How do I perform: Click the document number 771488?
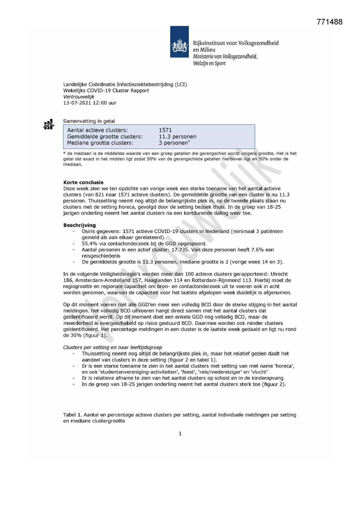pos(330,22)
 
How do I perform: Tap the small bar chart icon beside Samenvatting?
pos(49,124)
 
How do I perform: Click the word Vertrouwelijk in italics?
pos(79,97)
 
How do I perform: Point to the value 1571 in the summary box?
pos(165,130)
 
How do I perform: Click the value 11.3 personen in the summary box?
pos(177,136)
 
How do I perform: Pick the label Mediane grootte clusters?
pos(100,143)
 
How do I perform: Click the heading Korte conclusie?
pos(83,183)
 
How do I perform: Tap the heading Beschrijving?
pos(79,225)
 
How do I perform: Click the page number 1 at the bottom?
pos(180,434)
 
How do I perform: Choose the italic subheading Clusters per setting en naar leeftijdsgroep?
pos(113,347)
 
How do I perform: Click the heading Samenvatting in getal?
pos(89,121)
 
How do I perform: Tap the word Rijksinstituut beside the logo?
pos(209,43)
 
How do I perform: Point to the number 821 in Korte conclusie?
pos(100,195)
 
